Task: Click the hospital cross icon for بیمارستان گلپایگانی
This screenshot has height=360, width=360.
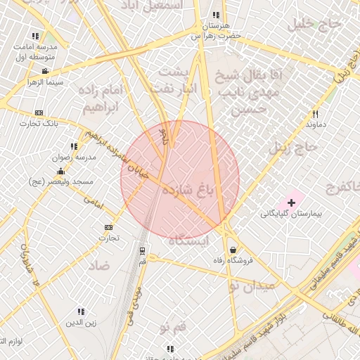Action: pos(292,202)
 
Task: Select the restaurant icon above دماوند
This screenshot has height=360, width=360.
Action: pos(315,114)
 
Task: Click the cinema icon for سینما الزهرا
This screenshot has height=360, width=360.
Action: pos(45,71)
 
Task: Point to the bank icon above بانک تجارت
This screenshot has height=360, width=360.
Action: pos(39,112)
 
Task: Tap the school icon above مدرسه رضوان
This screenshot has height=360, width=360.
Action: pos(74,147)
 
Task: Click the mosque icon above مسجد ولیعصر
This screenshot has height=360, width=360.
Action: pos(60,172)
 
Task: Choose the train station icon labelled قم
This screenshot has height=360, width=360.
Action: pos(143,251)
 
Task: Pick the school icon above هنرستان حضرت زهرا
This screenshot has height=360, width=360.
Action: pos(215,15)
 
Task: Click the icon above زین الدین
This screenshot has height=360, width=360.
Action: pos(81,311)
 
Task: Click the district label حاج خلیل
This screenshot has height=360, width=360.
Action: pos(318,24)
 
